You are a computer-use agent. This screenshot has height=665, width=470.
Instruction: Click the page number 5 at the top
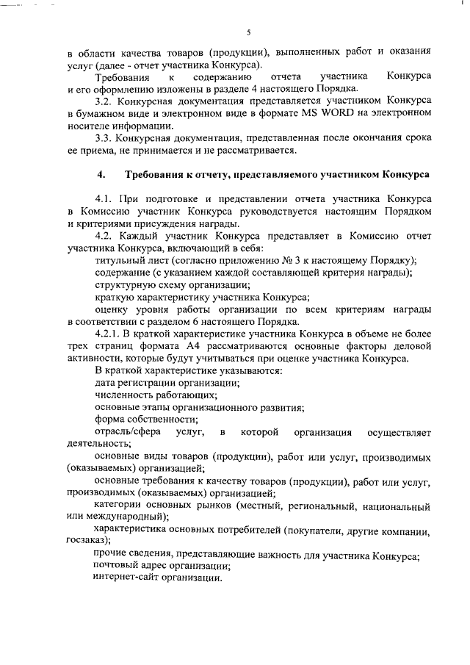point(249,32)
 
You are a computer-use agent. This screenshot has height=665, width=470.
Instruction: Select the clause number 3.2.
point(106,101)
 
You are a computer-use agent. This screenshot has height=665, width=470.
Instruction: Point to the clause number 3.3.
point(106,138)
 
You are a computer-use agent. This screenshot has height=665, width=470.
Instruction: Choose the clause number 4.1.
point(106,199)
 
